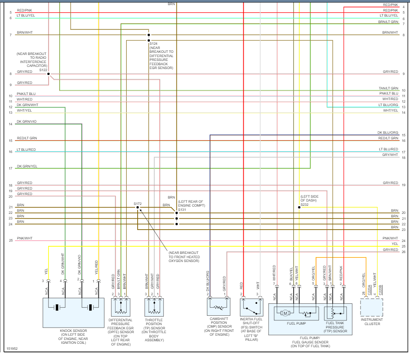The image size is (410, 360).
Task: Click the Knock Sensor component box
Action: [x=73, y=312]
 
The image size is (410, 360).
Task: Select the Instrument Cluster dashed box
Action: [x=372, y=307]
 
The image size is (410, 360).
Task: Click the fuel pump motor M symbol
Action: [x=285, y=313]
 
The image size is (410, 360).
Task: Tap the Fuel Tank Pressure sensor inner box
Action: [x=336, y=313]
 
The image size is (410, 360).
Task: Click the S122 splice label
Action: [x=43, y=69]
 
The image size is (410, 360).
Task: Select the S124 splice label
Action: [x=153, y=43]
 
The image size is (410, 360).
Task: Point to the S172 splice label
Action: [x=137, y=204]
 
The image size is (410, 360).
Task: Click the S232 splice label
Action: [x=304, y=204]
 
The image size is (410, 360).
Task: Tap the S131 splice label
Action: [x=182, y=210]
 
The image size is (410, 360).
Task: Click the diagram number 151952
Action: [x=12, y=349]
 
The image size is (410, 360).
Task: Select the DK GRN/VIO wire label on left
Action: [x=27, y=122]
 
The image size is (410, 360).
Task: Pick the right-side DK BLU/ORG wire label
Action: [x=388, y=132]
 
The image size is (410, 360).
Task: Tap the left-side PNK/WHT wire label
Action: [x=25, y=238]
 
